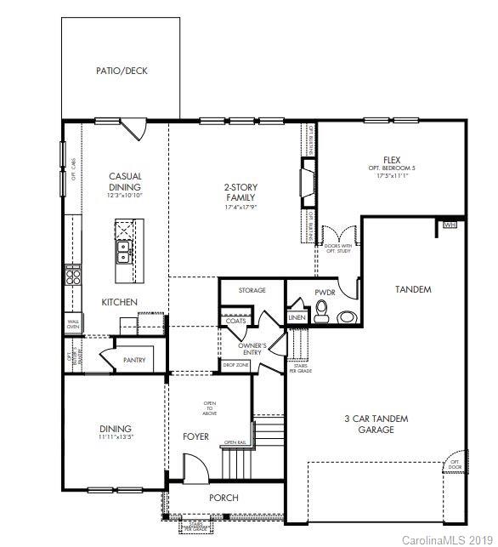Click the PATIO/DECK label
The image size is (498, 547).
pos(122,71)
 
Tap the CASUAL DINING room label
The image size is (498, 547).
pos(125,182)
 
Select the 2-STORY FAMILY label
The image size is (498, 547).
pos(241,192)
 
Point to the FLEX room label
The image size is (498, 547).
pos(391,160)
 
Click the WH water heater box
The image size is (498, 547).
pos(450,225)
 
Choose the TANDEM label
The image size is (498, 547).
pos(413,289)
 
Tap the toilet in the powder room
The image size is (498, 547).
pos(322,316)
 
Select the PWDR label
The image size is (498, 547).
pos(325,291)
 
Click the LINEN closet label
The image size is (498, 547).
pos(297,317)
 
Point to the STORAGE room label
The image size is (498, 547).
pos(252,290)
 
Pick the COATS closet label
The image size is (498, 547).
pos(236,321)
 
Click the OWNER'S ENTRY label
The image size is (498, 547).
pos(252,349)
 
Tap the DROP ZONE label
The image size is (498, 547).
pos(236,365)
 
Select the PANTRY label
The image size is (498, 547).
pos(133,360)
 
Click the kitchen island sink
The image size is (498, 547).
pos(124,251)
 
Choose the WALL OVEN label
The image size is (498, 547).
pos(73,323)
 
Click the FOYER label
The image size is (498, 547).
pos(195,436)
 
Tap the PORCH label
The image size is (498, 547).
pos(224,498)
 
